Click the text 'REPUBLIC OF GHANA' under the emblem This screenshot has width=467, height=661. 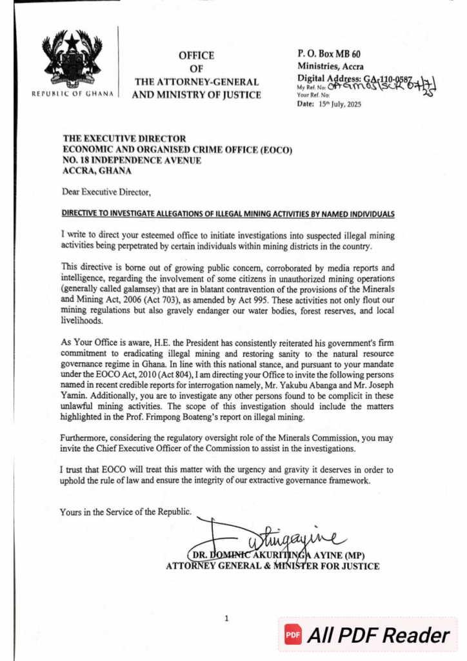72,93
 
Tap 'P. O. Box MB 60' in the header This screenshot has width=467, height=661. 329,54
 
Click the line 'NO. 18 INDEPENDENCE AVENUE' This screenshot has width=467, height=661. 132,160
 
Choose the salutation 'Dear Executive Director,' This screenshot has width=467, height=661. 106,192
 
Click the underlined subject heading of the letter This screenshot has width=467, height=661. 228,214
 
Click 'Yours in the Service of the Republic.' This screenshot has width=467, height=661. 126,512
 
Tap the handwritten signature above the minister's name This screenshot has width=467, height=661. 284,536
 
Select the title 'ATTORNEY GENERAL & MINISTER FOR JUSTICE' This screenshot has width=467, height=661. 273,566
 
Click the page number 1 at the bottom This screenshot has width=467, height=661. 226,618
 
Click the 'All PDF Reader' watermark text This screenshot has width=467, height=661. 378,635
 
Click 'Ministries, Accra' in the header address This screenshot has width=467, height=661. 330,66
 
